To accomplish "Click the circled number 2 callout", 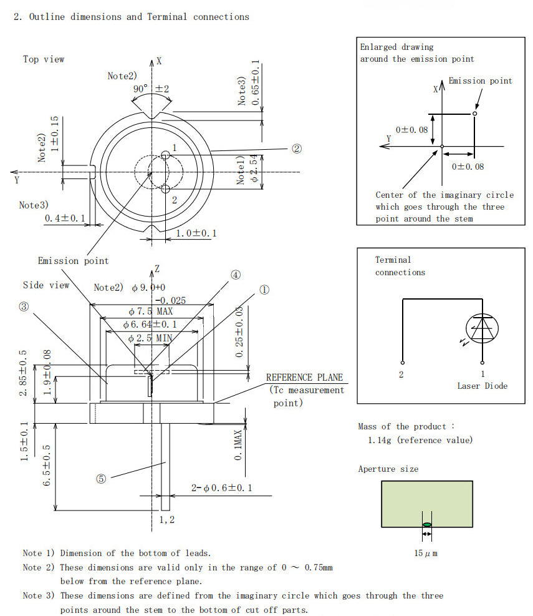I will point(297,149).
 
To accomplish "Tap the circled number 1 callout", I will point(264,290).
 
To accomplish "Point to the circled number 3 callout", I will point(24,306).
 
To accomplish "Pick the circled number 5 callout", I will point(101,479).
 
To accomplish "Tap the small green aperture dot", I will point(426,524).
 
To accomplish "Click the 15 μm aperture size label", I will point(426,554).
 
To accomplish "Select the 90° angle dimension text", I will point(140,89).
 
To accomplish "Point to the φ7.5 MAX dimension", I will point(150,311).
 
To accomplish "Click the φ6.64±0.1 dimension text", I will point(150,325).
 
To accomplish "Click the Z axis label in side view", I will point(158,268).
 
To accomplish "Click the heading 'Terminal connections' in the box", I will point(400,266).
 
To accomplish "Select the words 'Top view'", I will point(44,59).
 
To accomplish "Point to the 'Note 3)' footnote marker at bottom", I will point(39,595).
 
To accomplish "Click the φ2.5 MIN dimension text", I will point(150,338).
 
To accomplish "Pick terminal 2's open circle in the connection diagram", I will point(403,363).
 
